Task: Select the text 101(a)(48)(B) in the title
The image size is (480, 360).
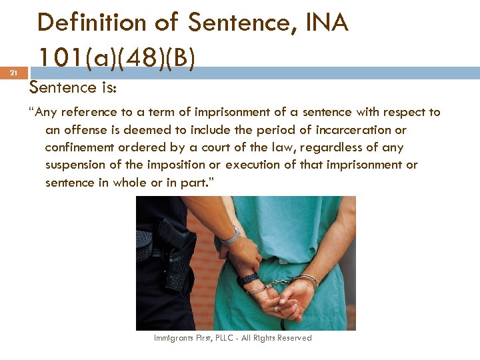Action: (x=117, y=58)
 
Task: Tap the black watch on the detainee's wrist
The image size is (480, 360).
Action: (x=249, y=279)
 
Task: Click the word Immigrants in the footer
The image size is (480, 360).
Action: (x=171, y=338)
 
